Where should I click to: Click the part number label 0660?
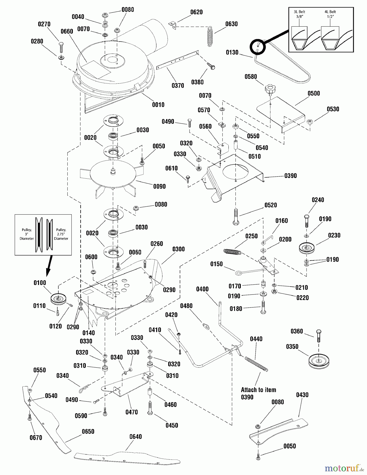point(67,31)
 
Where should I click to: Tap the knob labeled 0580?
point(269,88)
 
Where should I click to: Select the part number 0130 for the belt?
point(232,53)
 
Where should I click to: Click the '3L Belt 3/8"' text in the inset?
point(299,14)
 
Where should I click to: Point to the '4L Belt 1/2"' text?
point(330,14)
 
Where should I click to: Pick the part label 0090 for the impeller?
point(159,187)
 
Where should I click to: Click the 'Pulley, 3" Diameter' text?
point(27,234)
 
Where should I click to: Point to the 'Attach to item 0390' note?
point(258,393)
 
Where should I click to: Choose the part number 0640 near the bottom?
point(135,437)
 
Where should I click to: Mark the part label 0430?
point(302,395)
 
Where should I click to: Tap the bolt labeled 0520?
point(236,217)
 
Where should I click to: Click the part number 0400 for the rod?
point(202,289)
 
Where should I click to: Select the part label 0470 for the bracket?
point(131,412)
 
